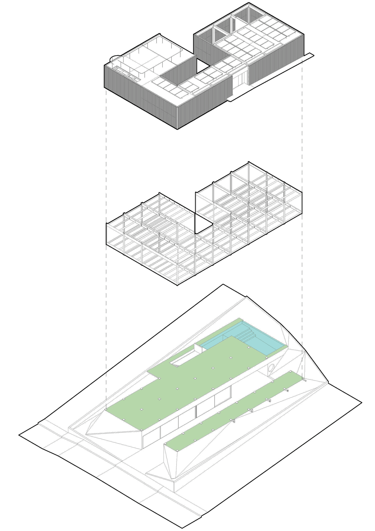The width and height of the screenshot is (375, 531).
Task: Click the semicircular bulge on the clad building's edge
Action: coord(114,58)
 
